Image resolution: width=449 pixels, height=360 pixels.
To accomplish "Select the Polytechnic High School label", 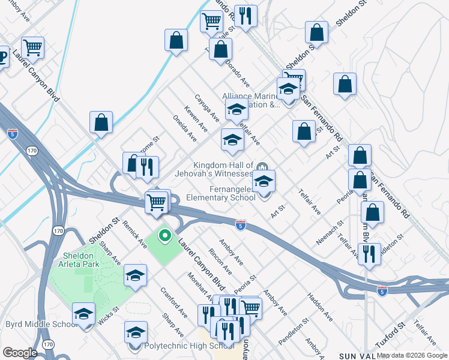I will click(180, 346).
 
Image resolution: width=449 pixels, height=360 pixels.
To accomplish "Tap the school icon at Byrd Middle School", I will click(84, 313).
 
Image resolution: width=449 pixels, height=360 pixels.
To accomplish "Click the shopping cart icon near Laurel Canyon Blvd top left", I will click(32, 47).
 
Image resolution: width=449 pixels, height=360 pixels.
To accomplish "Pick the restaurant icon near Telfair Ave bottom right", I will click(368, 253).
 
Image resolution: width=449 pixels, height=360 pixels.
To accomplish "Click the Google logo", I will click(19, 353).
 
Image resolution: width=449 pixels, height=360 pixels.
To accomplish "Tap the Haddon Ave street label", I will click(319, 307).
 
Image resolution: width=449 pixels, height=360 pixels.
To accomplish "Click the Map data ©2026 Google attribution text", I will click(412, 355).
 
